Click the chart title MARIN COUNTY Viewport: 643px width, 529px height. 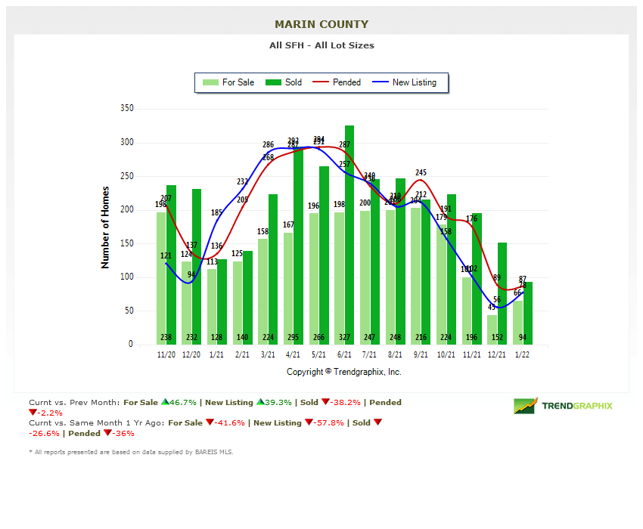321,24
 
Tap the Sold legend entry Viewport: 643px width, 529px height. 284,82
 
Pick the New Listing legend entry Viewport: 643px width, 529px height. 405,82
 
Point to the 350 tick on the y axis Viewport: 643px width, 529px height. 126,109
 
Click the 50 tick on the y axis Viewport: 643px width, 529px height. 129,311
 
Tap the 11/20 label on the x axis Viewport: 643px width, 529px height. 166,354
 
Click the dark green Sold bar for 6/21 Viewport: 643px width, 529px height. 349,234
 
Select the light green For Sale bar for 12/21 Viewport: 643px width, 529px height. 492,329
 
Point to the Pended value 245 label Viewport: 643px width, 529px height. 421,172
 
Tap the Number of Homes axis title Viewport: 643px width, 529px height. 105,227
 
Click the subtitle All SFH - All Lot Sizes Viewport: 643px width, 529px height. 321,45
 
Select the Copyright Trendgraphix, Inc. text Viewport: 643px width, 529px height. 344,372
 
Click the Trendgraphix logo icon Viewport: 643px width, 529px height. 525,406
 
